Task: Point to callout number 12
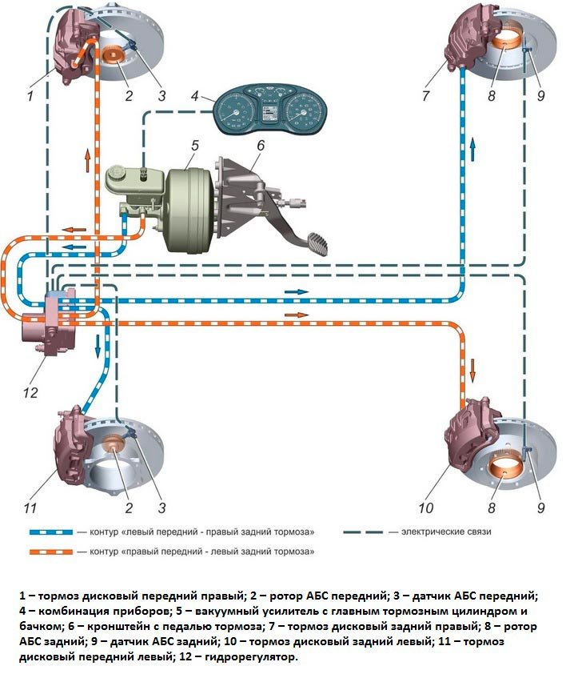(x=30, y=392)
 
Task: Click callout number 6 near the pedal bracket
(x=260, y=146)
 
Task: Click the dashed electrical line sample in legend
(x=363, y=532)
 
